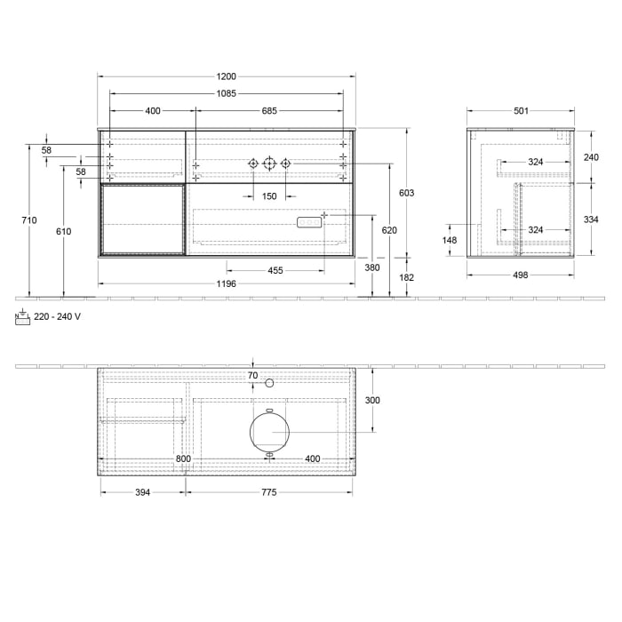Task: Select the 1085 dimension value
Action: coord(225,93)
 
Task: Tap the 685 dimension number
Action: coord(270,111)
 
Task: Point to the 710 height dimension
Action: coord(31,220)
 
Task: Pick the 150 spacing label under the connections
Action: coord(269,196)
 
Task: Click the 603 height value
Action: coord(407,193)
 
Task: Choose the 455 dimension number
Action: coord(275,271)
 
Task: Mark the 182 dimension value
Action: coord(407,278)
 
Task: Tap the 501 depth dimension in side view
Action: coord(521,111)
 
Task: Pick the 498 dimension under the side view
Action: coord(521,275)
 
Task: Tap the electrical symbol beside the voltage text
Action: coord(22,317)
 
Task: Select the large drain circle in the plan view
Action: coord(269,433)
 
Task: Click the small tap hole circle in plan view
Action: coord(269,382)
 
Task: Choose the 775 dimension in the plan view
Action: coord(268,491)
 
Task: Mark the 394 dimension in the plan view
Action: coord(142,491)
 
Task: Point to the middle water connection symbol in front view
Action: coord(269,163)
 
